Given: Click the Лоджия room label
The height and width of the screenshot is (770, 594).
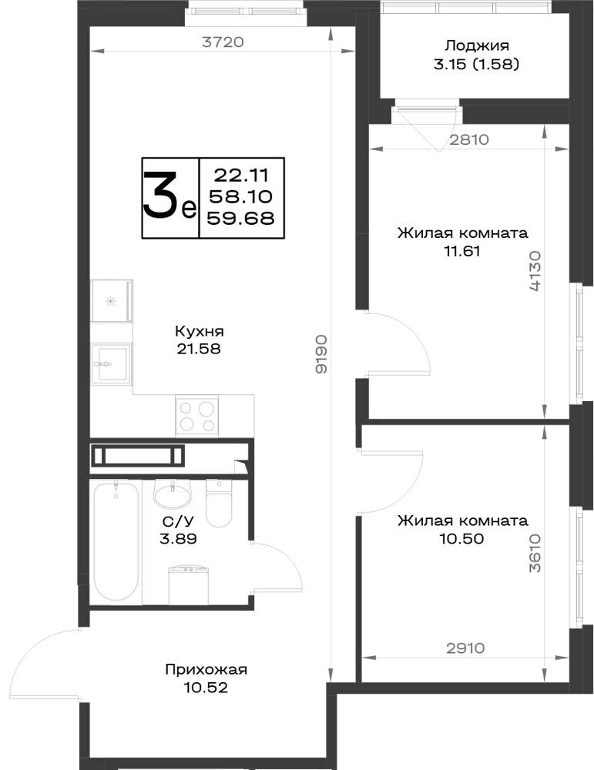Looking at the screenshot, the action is click(x=476, y=47).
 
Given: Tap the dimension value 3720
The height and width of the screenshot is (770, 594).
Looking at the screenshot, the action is click(x=223, y=42).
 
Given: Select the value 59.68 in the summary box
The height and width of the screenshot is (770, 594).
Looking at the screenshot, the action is click(x=240, y=218).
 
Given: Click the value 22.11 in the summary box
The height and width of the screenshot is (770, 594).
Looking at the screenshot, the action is click(x=241, y=174).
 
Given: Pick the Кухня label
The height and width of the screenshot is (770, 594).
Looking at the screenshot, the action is click(x=199, y=331).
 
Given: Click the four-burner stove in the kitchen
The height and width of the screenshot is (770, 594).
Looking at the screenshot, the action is click(x=197, y=415).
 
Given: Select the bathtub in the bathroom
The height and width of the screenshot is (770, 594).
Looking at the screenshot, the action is click(x=116, y=541).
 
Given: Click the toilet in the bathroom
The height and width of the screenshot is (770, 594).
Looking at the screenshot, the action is click(x=218, y=503).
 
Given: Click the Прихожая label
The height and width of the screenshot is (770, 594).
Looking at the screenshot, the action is click(x=206, y=669).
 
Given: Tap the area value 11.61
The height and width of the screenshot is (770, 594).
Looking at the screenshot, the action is click(x=461, y=251).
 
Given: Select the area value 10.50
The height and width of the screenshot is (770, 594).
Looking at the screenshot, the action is click(x=461, y=539).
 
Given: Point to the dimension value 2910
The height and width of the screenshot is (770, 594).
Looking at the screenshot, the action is click(x=465, y=648).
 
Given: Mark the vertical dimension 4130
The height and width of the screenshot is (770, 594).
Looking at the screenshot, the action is click(x=535, y=272).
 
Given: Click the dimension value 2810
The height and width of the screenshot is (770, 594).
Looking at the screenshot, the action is click(x=470, y=140).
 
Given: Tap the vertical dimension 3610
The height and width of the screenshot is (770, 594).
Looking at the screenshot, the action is click(x=535, y=553).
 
